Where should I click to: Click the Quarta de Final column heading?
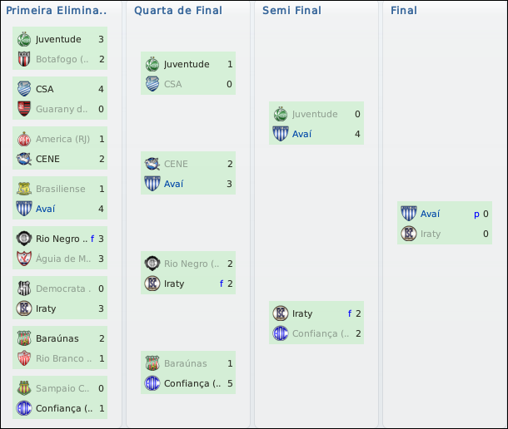(x=178, y=11)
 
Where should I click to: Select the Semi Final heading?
(x=291, y=11)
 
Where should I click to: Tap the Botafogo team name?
(x=62, y=59)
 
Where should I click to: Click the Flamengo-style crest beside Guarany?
(x=23, y=109)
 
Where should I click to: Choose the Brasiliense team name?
(x=61, y=189)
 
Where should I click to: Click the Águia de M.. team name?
(x=62, y=259)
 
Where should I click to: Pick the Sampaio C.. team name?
(x=62, y=388)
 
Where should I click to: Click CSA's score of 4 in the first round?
(x=101, y=89)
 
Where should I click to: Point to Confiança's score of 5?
(x=229, y=383)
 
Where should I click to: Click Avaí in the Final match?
(x=431, y=214)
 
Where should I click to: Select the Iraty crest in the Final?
(x=408, y=234)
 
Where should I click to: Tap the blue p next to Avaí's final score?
(x=476, y=214)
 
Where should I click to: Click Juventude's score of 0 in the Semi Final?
(x=357, y=114)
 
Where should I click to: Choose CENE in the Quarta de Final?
(x=176, y=164)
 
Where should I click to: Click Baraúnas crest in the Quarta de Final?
(x=152, y=363)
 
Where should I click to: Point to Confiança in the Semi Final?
(x=315, y=333)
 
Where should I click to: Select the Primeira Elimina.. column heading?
(x=57, y=11)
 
